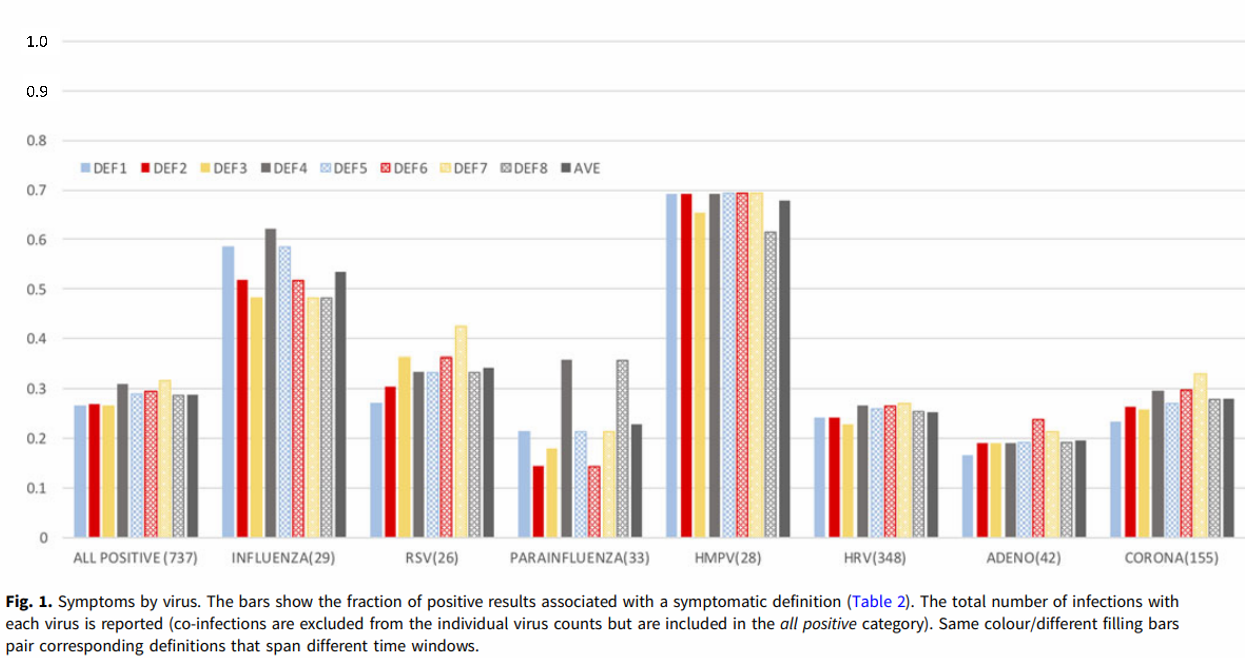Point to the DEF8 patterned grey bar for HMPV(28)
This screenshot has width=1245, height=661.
770,384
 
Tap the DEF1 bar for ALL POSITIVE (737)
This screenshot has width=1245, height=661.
80,471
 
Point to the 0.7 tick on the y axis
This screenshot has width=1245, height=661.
37,190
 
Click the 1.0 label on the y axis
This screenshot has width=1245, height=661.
37,42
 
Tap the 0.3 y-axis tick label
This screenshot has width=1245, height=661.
37,389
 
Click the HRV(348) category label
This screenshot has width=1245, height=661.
875,558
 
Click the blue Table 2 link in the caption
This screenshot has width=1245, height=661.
878,602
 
